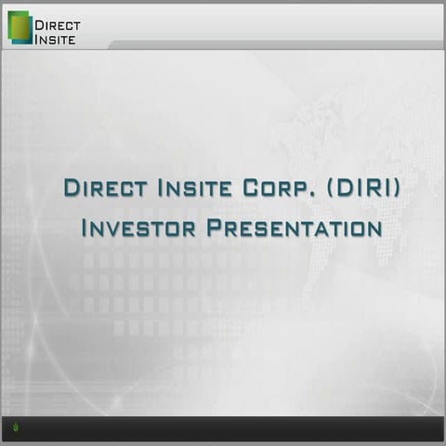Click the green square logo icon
pyautogui.click(x=20, y=27)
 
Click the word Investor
pyautogui.click(x=134, y=228)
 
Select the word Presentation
pyautogui.click(x=289, y=228)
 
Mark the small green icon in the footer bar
pyautogui.click(x=17, y=428)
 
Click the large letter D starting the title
pyautogui.click(x=71, y=187)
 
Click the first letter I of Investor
pyautogui.click(x=85, y=228)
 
